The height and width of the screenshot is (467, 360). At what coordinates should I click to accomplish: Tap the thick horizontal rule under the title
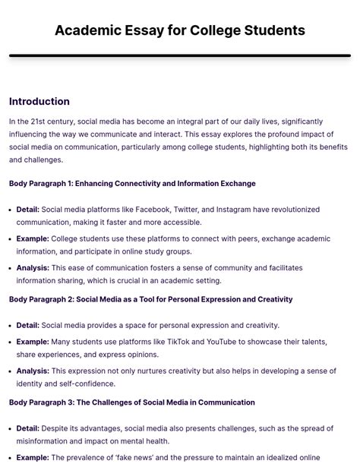click(x=180, y=55)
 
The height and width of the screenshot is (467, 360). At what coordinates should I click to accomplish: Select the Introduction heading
click(x=39, y=102)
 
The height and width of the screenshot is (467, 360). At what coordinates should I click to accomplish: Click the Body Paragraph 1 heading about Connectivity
click(x=132, y=184)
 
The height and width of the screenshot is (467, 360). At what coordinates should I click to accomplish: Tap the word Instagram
click(x=235, y=210)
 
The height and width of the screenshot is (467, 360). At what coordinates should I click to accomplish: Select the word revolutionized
click(x=289, y=210)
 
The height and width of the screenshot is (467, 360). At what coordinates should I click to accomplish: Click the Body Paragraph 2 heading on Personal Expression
click(x=150, y=299)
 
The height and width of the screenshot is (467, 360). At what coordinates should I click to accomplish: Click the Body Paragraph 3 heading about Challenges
click(x=132, y=402)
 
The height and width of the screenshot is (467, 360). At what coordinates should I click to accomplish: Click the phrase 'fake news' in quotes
click(x=147, y=458)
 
